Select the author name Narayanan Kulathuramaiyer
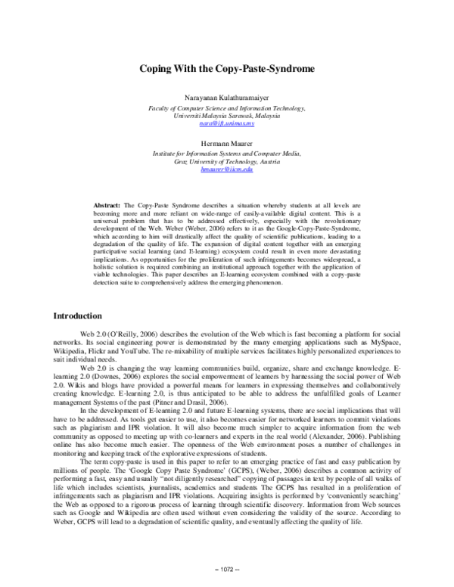[227, 99]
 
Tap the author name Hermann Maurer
[227, 142]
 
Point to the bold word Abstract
[107, 205]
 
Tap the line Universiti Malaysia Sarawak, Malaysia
[227, 116]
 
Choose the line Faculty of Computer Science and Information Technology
[227, 108]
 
